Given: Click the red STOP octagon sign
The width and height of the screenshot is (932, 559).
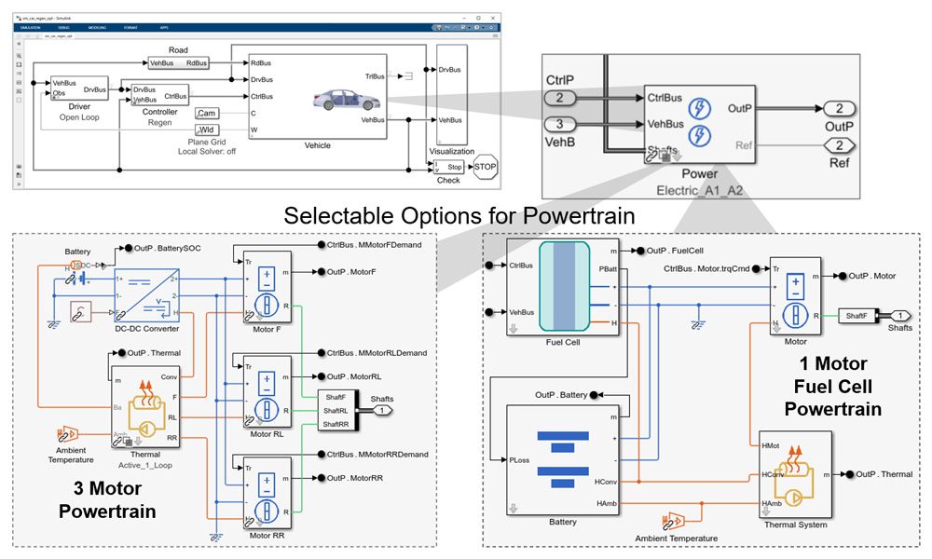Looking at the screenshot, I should point(486,168).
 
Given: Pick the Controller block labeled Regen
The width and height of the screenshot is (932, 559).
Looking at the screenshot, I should point(159,94).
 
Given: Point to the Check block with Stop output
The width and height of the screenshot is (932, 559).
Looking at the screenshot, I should point(448,167).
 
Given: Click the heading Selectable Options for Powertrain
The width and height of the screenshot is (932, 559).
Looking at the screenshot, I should point(459,215).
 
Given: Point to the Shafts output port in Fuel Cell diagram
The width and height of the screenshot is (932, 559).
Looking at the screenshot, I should point(901,315).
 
